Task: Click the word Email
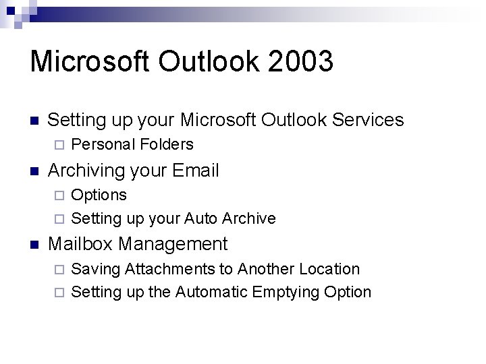196,171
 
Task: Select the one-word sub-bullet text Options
99,195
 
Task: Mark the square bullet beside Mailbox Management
34,244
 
